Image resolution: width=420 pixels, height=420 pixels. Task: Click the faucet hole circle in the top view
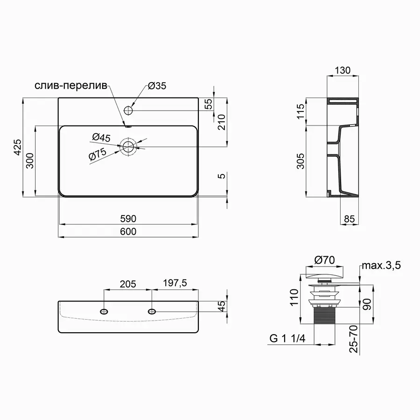[x=129, y=111]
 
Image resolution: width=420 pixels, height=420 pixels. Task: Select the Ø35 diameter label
[x=157, y=86]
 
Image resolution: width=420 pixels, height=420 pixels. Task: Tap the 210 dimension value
[x=222, y=123]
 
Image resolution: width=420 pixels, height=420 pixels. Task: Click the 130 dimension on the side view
[x=343, y=70]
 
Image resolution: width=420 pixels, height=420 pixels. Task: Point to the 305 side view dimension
[x=301, y=161]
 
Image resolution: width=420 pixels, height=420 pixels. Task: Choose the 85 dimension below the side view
[x=350, y=218]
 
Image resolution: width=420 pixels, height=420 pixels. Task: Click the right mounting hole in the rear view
[x=152, y=311]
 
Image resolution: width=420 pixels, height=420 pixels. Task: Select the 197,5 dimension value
[x=174, y=284]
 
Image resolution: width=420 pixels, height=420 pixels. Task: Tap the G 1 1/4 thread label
[x=287, y=339]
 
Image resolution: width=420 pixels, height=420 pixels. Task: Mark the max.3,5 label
[x=380, y=266]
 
